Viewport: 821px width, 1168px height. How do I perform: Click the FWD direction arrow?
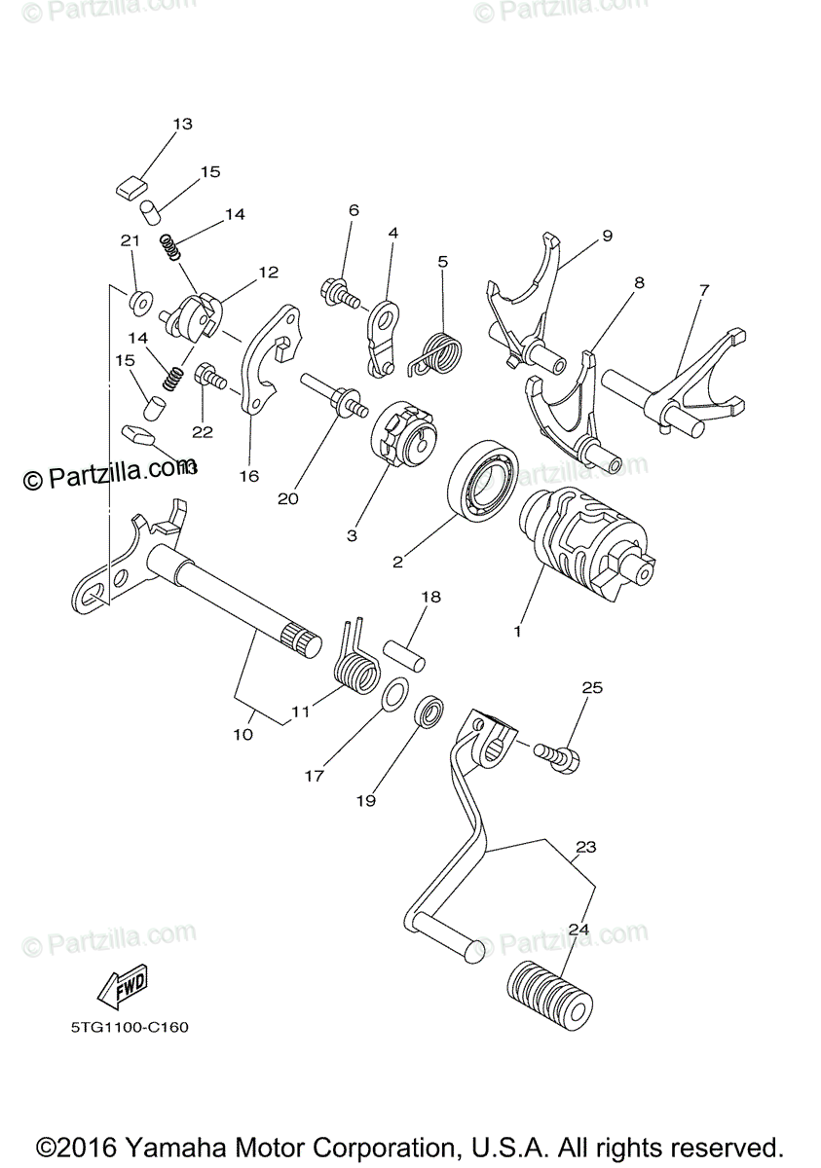pyautogui.click(x=122, y=990)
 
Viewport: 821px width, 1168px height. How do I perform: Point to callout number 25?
pyautogui.click(x=592, y=687)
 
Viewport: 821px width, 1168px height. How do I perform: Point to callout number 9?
pyautogui.click(x=607, y=236)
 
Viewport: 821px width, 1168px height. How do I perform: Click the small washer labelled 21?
pyautogui.click(x=139, y=300)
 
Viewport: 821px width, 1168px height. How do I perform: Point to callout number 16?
pyautogui.click(x=249, y=475)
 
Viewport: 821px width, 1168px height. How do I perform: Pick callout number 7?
pyautogui.click(x=704, y=290)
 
